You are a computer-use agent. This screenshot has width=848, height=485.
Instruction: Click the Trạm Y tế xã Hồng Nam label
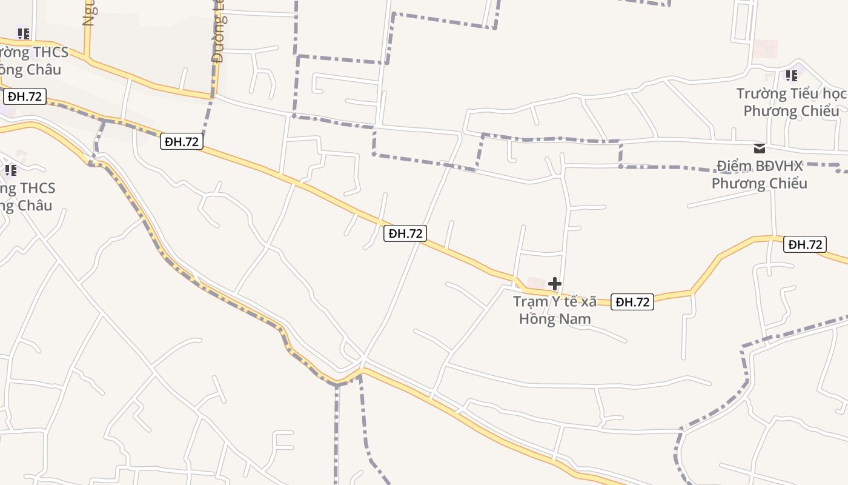[555, 310]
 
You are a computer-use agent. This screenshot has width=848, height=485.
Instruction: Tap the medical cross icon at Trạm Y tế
[554, 284]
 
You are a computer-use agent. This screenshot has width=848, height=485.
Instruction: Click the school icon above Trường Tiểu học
[791, 76]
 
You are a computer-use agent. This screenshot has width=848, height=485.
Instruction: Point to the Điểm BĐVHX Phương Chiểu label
[760, 175]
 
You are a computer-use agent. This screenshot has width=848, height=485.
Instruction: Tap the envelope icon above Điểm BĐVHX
[759, 149]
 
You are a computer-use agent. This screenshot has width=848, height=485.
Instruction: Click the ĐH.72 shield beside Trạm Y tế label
[632, 302]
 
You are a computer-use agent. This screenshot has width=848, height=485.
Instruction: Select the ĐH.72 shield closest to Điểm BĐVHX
[805, 244]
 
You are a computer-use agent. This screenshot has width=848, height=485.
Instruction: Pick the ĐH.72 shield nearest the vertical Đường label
[182, 142]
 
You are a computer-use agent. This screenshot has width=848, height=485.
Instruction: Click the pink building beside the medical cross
[536, 283]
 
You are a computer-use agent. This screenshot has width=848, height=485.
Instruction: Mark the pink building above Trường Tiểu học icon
[765, 49]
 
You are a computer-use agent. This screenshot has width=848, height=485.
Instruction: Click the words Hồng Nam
[555, 318]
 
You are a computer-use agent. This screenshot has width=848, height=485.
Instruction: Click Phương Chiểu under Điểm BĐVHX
[760, 183]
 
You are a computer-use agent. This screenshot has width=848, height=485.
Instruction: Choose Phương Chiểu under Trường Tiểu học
[791, 111]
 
